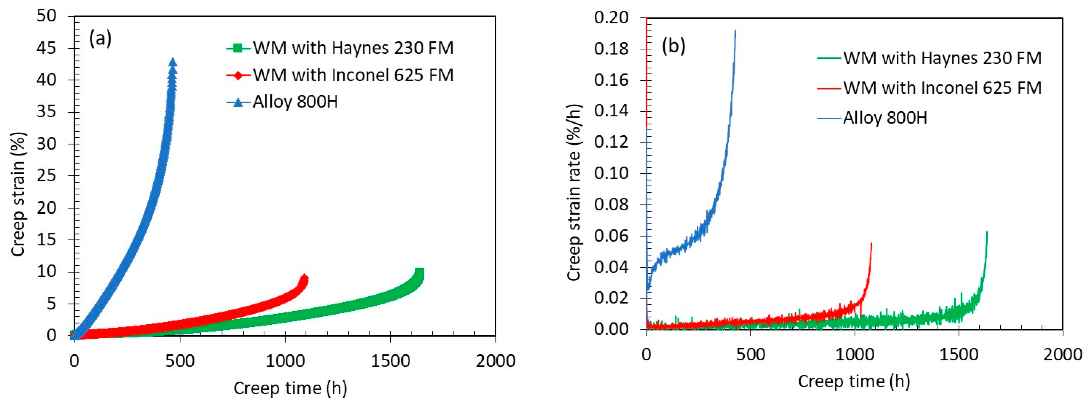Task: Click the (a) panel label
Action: (100, 39)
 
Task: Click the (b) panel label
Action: (673, 46)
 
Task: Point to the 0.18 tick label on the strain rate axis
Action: (611, 49)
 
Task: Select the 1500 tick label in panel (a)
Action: (390, 361)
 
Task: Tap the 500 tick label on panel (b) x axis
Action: (750, 354)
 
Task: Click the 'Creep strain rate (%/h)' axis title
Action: (574, 192)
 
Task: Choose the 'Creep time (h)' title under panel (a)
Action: (290, 388)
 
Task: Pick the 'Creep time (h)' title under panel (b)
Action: (854, 381)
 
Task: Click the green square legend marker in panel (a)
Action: (238, 48)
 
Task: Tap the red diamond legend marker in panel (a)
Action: (238, 75)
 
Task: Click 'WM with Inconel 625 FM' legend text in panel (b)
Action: (942, 88)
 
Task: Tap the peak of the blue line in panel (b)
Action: (735, 31)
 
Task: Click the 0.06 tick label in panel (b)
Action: (611, 236)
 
